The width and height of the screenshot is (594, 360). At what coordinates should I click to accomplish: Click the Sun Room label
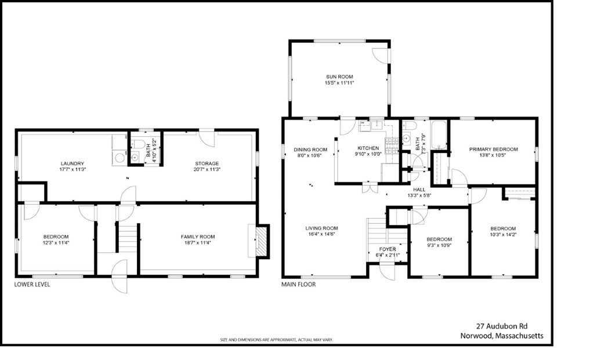339,77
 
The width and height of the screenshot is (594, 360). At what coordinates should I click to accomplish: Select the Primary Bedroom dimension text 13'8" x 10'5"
493,156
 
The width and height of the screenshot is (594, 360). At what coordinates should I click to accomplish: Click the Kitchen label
368,148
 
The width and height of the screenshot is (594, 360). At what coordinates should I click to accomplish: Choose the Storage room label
206,163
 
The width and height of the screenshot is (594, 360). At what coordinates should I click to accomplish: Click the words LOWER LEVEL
32,285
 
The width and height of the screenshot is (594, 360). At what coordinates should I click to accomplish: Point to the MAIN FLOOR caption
298,285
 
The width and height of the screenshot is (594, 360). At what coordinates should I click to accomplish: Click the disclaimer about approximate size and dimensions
276,340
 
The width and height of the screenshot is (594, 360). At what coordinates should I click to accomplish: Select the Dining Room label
310,149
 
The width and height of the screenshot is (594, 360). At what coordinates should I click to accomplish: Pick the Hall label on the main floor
419,189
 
